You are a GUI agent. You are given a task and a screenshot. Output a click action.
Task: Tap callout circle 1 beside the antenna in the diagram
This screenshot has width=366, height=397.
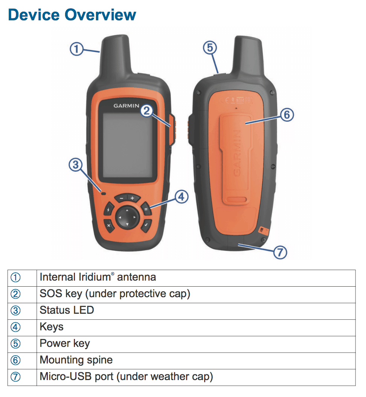point(77,49)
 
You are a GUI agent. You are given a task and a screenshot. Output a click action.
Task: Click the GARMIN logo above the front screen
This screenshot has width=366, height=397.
point(127,106)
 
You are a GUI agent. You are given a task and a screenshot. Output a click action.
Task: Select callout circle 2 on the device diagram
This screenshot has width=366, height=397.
point(147,110)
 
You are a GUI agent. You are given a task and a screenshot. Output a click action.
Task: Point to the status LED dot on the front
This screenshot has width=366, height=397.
point(103,192)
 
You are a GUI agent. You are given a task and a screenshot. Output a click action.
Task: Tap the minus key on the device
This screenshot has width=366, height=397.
point(122,198)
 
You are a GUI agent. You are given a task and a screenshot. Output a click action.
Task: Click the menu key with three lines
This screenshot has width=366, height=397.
point(146,209)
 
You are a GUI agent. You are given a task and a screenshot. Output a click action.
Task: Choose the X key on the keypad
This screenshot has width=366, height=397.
point(109,225)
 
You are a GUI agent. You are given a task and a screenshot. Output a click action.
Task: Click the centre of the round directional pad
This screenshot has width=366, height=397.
point(127,217)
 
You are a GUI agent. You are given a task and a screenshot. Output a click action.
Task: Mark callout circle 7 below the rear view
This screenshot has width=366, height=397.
point(279,252)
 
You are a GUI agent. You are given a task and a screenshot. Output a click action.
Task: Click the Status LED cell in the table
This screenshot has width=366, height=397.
point(67,310)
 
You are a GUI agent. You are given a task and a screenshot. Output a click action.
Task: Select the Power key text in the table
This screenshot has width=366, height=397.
point(65,344)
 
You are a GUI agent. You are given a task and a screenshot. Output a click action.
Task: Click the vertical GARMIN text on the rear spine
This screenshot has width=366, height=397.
point(237,153)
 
